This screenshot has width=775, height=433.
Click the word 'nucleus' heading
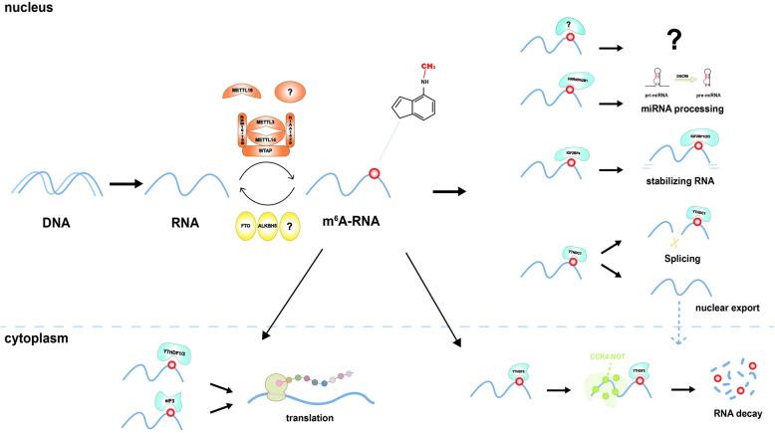click(27, 8)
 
